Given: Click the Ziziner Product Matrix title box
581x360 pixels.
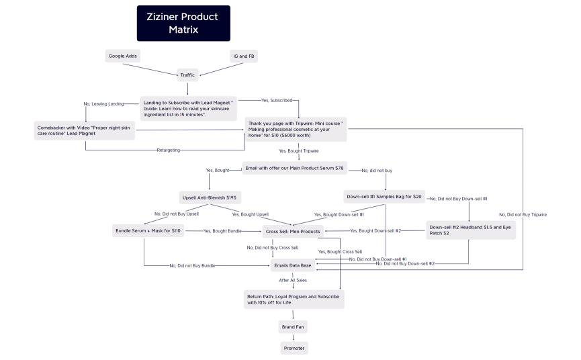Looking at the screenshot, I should (183, 24).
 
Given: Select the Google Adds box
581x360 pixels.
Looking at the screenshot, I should (124, 56).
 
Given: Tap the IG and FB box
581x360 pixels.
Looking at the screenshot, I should (242, 56).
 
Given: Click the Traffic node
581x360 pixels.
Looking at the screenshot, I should (187, 75).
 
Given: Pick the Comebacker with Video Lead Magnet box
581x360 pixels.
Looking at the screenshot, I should (85, 130).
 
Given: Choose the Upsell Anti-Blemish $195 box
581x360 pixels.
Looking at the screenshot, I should (210, 198).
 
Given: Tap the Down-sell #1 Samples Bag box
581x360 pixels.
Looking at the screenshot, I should (385, 197).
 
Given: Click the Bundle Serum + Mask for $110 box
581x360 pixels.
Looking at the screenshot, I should (148, 231).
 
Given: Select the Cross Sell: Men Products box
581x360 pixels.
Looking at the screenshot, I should (294, 232).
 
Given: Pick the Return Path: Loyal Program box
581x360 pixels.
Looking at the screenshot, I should (294, 300).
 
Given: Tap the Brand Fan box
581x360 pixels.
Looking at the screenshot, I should (293, 327).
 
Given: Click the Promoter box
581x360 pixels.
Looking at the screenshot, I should (294, 348).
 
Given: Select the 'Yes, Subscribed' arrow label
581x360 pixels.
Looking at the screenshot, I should (277, 100).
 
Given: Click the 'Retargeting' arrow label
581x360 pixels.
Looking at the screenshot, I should (169, 150).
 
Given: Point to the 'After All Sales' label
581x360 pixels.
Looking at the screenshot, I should (294, 280).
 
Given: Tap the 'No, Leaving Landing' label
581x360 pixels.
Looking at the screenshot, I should (103, 103).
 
